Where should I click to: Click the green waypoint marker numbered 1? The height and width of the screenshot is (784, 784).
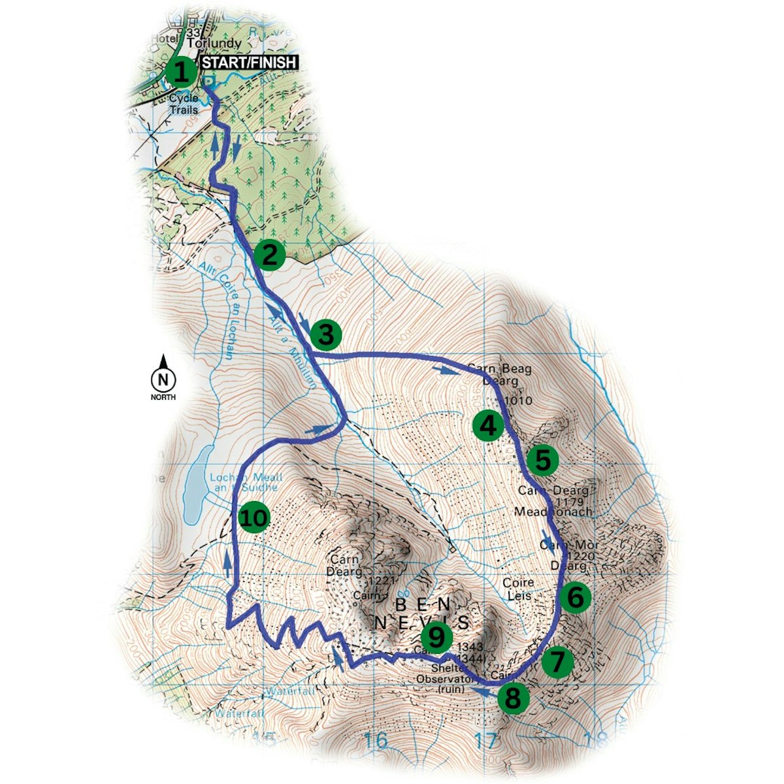pyautogui.click(x=181, y=73)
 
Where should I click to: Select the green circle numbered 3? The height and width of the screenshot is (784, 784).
pyautogui.click(x=326, y=335)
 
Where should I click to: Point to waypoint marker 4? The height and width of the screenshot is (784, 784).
pyautogui.click(x=488, y=426)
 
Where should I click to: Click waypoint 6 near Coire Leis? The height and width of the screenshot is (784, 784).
pyautogui.click(x=575, y=596)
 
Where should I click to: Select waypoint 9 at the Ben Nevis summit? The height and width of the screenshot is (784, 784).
pyautogui.click(x=436, y=635)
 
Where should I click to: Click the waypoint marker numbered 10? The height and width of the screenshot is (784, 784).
pyautogui.click(x=253, y=518)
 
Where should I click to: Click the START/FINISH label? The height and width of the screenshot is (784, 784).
pyautogui.click(x=249, y=63)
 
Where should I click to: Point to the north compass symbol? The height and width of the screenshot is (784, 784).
pyautogui.click(x=163, y=378)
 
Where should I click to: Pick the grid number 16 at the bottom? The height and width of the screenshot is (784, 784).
pyautogui.click(x=376, y=741)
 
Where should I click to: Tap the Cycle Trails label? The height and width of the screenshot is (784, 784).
pyautogui.click(x=184, y=104)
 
